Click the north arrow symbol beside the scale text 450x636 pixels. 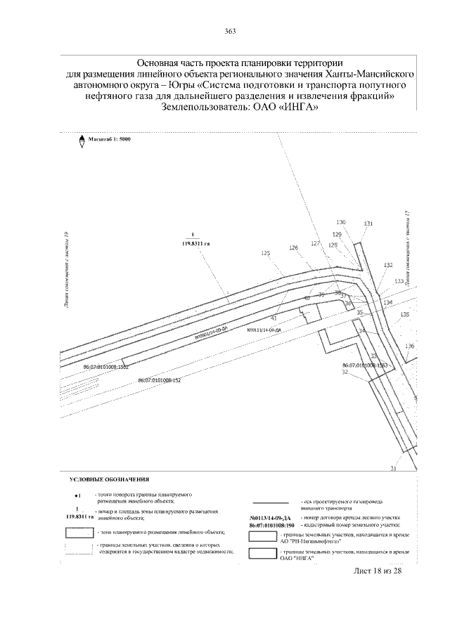tap(82, 139)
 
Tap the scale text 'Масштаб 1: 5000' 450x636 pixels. tap(110, 139)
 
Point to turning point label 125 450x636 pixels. tap(265, 253)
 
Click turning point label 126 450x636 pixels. tap(293, 247)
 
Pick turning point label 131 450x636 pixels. tap(368, 224)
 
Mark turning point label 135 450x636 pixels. tap(404, 314)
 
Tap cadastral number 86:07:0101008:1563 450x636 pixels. tap(366, 365)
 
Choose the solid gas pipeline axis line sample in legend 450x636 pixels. tap(270, 502)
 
